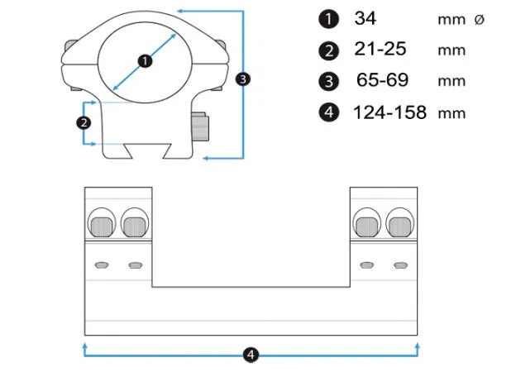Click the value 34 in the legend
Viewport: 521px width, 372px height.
coord(366,18)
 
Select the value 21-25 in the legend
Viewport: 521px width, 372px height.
coord(380,49)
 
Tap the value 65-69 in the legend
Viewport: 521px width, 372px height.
coord(382,80)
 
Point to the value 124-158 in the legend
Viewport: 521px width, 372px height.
coord(390,112)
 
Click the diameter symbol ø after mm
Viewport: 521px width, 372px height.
coord(479,20)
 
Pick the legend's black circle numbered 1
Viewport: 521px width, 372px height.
coord(328,19)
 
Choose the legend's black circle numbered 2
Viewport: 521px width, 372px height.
coord(328,50)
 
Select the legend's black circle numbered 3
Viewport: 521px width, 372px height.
coord(328,81)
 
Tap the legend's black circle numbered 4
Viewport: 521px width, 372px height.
coord(328,112)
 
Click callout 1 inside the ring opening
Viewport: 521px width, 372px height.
coord(145,61)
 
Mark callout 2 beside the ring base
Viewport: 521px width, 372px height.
coord(84,123)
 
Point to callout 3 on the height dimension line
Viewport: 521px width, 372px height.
coord(243,79)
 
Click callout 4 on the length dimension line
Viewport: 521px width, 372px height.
coord(251,355)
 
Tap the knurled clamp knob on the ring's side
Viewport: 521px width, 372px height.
coord(200,126)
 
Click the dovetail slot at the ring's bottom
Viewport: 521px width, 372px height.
coord(147,151)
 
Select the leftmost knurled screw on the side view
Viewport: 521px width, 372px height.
coord(102,227)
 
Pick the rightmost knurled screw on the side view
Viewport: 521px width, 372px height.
coord(400,227)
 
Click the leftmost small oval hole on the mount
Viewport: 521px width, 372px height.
coord(102,265)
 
